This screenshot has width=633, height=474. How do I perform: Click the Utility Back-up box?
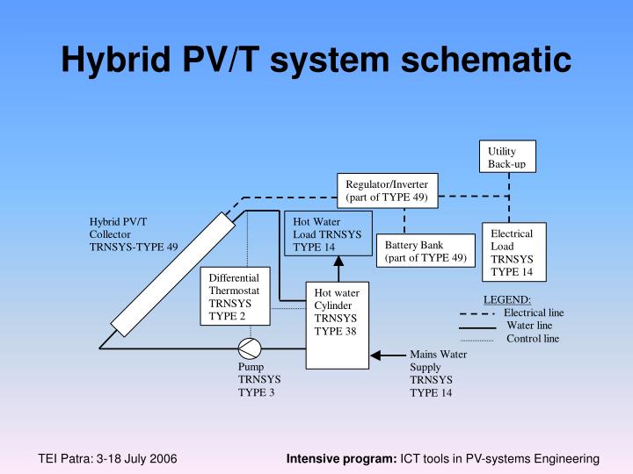point(507,157)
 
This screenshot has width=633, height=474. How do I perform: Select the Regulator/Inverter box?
point(386,190)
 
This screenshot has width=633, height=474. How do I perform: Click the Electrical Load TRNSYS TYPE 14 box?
point(518,253)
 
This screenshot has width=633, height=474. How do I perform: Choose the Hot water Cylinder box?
point(337,325)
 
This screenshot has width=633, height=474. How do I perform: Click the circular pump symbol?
point(250,348)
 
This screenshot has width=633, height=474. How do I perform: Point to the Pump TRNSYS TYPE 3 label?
point(257,379)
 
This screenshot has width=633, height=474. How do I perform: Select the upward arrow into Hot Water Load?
point(337,268)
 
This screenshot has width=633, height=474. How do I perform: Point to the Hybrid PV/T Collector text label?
point(133,233)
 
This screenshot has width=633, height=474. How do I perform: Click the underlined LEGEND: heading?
point(507,299)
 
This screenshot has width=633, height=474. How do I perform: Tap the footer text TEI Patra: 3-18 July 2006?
point(107,459)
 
